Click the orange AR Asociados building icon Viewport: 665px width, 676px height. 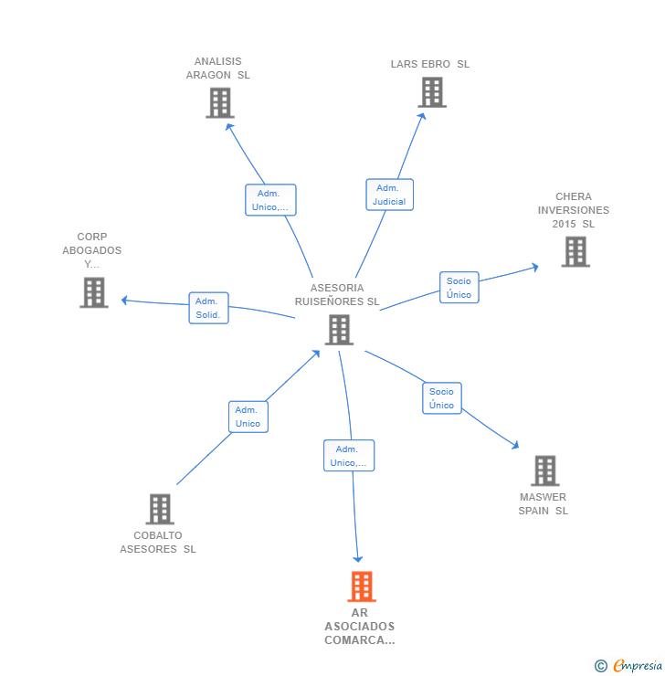(x=362, y=586)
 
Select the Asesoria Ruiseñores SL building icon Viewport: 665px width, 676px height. (x=339, y=330)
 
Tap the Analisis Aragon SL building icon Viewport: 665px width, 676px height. (x=219, y=103)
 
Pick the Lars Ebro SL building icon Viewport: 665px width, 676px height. (x=432, y=92)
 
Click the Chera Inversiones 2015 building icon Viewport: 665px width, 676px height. (x=575, y=251)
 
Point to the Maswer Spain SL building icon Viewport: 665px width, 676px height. (x=544, y=470)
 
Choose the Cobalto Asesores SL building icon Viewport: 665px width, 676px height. (x=160, y=509)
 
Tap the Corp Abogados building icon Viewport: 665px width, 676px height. (x=94, y=292)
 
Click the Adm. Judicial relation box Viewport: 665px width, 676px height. (x=390, y=195)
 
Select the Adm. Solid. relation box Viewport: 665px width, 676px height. (x=208, y=308)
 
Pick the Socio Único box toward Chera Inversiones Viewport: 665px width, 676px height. (x=459, y=288)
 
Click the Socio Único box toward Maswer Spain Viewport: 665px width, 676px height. (x=441, y=398)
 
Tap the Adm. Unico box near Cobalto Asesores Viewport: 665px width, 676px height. (x=248, y=417)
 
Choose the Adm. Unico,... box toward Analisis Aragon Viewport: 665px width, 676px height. (x=270, y=200)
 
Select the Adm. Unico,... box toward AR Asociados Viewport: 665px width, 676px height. (x=348, y=456)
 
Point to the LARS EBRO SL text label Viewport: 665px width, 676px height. (x=430, y=64)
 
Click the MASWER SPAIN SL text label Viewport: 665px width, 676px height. (x=544, y=504)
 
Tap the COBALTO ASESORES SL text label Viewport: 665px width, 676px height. (x=158, y=543)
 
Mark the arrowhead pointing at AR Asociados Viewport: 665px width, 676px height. (x=358, y=558)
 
